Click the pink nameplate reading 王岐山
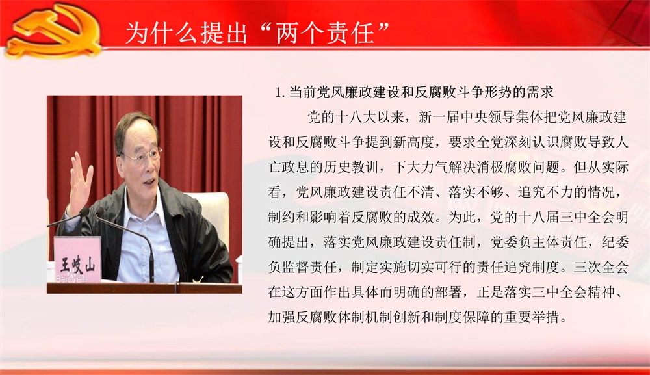(77, 260)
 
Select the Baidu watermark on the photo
(71, 279)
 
